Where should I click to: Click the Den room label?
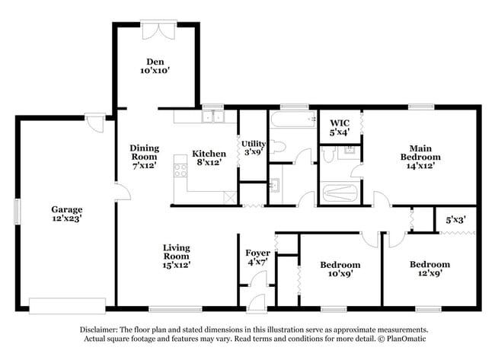click(155, 62)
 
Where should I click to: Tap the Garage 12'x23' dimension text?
click(66, 218)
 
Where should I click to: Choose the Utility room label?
click(252, 143)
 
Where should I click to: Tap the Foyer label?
click(257, 253)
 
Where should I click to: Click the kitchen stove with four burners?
click(181, 167)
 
